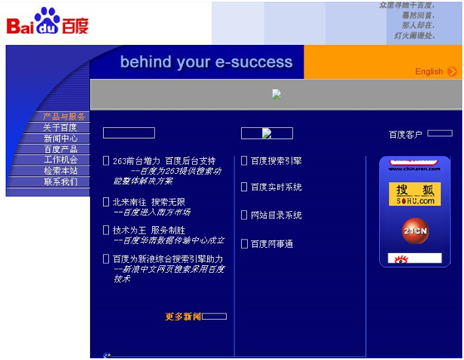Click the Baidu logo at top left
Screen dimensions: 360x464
pos(47,22)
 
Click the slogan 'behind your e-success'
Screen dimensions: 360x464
pos(206,62)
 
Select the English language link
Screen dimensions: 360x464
pos(429,72)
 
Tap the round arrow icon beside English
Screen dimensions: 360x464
pos(452,72)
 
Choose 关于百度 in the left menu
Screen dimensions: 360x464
pos(60,127)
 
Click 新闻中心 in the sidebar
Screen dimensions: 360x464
pos(60,138)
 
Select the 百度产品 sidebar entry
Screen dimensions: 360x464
pos(60,149)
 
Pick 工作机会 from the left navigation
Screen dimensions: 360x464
pos(60,160)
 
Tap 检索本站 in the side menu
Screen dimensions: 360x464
pos(60,170)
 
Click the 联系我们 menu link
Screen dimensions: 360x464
pos(60,181)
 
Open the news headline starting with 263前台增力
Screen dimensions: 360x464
pos(164,160)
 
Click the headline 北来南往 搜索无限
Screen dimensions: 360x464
pos(149,201)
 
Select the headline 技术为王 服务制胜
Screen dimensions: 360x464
pos(149,229)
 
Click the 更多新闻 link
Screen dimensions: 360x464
pos(183,316)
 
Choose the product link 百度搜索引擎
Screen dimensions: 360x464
pos(276,160)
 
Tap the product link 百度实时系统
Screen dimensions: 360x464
pos(276,187)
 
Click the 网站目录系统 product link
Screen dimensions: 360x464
pos(276,215)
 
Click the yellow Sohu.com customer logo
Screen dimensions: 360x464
pos(414,195)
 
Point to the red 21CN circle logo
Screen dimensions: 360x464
pos(415,229)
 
